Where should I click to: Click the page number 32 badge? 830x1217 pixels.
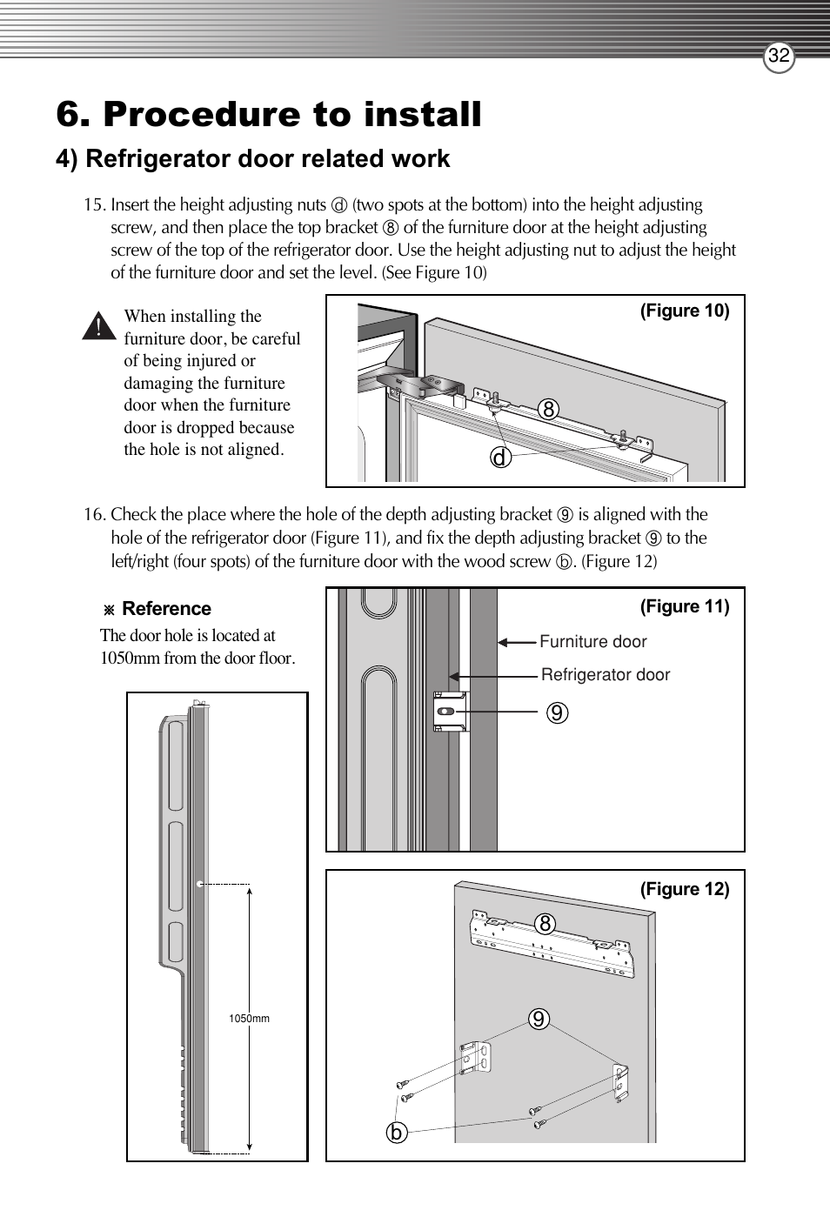[779, 57]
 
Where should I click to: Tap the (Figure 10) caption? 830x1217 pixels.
[685, 311]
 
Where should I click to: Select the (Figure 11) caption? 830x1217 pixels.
[685, 606]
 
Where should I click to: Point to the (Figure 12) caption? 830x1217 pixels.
[685, 889]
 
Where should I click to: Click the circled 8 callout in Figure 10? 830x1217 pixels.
[547, 409]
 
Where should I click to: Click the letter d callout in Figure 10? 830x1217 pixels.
[500, 456]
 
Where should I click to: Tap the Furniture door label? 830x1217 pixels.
[592, 642]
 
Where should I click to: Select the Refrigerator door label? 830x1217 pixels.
[605, 675]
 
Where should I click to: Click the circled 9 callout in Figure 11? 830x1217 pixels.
[558, 712]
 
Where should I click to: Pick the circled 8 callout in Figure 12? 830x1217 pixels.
[545, 924]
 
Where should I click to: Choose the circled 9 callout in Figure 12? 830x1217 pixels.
[539, 1019]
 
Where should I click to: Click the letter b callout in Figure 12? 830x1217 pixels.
[396, 1132]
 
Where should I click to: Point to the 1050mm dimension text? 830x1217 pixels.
[249, 1019]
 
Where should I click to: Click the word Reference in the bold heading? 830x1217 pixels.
[166, 609]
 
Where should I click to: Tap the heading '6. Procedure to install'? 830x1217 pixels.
[268, 115]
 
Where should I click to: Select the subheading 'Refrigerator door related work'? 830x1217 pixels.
[267, 159]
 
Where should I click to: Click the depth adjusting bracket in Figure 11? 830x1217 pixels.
[451, 712]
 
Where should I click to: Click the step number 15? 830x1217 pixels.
[94, 205]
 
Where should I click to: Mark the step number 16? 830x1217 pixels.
[94, 515]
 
